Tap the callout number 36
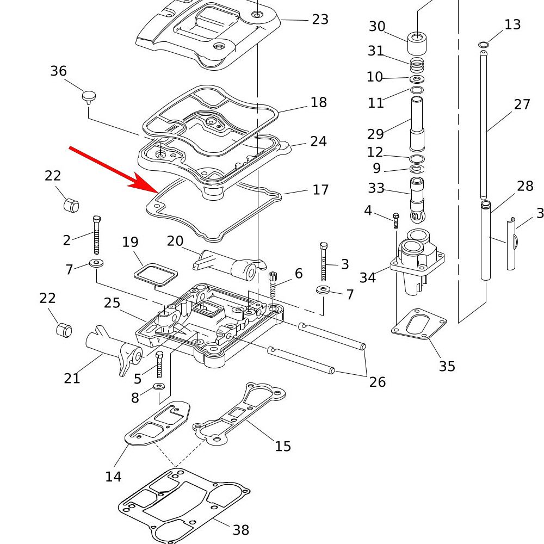(x=59, y=71)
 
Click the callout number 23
(x=320, y=20)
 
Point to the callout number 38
(x=241, y=529)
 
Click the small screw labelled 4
(x=395, y=220)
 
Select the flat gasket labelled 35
(x=419, y=323)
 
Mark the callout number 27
(x=522, y=104)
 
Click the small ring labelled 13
(x=483, y=44)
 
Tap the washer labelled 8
(x=159, y=386)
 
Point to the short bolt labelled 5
(x=159, y=364)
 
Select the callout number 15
(x=283, y=447)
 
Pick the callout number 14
(x=113, y=477)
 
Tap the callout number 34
(x=368, y=278)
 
